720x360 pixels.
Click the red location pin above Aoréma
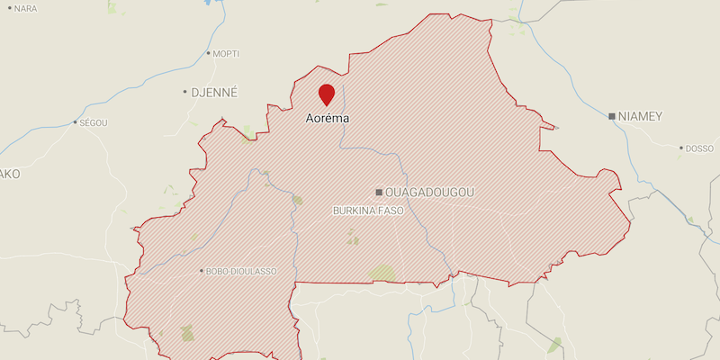tap(327, 94)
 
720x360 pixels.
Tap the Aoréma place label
tap(327, 118)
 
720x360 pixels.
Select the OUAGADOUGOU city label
tap(429, 193)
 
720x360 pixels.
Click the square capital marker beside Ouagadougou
tap(380, 193)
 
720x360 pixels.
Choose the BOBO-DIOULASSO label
tap(241, 271)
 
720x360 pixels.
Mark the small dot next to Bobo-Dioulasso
tap(202, 271)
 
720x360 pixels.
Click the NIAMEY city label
tap(641, 116)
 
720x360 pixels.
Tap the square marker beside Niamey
tap(612, 116)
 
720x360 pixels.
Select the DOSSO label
tap(699, 148)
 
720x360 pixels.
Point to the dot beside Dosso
tap(681, 148)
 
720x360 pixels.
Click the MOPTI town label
tap(227, 54)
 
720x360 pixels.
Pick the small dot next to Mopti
tap(210, 54)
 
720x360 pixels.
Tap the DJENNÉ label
tap(214, 92)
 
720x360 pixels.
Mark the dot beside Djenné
tap(184, 92)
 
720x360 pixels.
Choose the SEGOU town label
tap(94, 122)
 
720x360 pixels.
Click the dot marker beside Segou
tap(75, 122)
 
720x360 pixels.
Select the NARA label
tap(26, 8)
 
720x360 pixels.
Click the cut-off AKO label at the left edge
tap(9, 174)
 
